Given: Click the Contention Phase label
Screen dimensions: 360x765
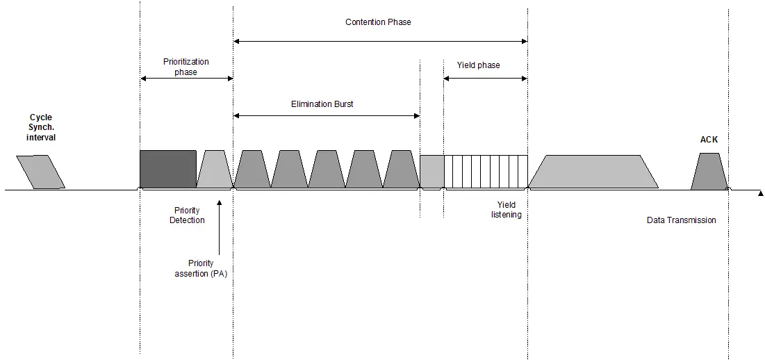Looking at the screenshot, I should [x=378, y=22].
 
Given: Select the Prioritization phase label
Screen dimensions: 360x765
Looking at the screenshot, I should [x=186, y=67].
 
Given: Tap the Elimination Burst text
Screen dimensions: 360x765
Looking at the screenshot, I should [x=322, y=104].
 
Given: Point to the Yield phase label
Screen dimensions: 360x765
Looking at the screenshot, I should [x=478, y=65].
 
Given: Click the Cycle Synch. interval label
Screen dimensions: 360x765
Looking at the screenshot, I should [x=41, y=128].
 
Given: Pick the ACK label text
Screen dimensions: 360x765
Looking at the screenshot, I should [x=709, y=140].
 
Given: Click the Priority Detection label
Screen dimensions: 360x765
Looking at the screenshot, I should [x=188, y=215].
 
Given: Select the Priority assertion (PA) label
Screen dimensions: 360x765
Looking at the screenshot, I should [x=201, y=268].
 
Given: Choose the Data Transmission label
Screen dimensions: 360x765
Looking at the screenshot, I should [x=681, y=220].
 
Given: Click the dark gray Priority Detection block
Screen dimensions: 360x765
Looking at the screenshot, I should [x=167, y=169].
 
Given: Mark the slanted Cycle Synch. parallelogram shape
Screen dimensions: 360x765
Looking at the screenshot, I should [x=40, y=172].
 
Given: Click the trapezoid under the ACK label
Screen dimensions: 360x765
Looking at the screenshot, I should [x=709, y=172].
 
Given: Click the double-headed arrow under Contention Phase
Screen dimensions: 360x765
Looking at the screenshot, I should [x=380, y=42].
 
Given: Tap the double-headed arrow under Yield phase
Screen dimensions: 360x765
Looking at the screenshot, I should [x=485, y=79].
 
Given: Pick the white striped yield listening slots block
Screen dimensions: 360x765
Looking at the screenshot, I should [x=486, y=172].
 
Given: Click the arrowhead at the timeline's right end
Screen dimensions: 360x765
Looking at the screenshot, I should [x=760, y=192].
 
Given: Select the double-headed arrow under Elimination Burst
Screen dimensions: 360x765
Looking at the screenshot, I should [x=327, y=115].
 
